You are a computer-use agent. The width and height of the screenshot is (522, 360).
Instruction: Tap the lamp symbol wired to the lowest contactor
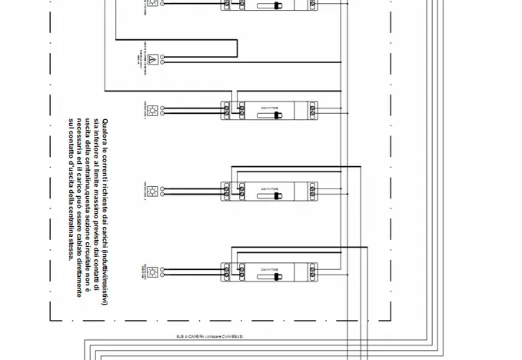coord(152,271)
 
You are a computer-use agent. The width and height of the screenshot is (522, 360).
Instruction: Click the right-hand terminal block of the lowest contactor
coord(313,270)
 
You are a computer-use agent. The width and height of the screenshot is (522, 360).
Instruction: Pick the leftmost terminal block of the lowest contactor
coord(227,270)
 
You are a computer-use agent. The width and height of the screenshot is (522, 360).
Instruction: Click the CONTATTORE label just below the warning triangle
coord(270,106)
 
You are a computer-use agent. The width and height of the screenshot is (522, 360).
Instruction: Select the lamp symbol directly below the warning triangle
coord(152,110)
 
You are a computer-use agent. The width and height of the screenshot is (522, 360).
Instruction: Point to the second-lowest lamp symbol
coord(152,190)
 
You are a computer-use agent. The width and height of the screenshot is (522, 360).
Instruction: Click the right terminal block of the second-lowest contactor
coord(313,189)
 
